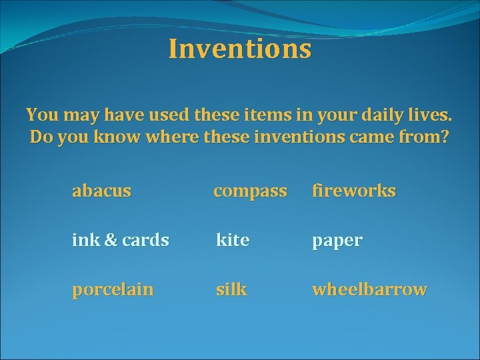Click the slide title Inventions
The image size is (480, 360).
239,49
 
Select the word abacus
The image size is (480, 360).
101,191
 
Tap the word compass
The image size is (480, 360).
250,191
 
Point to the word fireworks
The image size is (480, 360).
353,191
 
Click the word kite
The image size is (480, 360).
233,240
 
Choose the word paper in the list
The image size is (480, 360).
337,241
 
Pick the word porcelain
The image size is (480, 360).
113,290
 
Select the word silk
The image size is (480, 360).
231,289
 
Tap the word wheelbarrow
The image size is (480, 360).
369,289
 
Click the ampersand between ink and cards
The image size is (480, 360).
111,240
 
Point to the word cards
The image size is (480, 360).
145,240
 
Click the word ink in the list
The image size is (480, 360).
85,240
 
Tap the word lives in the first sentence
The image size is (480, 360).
432,115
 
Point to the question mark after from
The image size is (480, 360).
445,139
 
